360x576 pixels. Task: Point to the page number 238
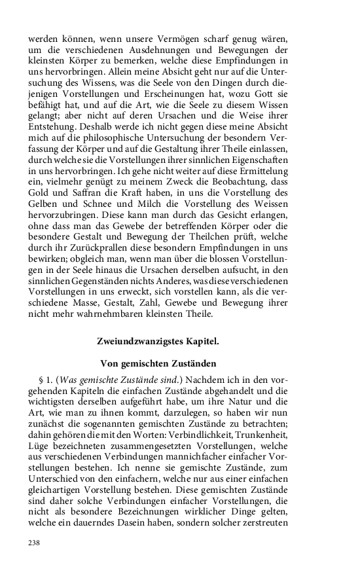click(x=35, y=543)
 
